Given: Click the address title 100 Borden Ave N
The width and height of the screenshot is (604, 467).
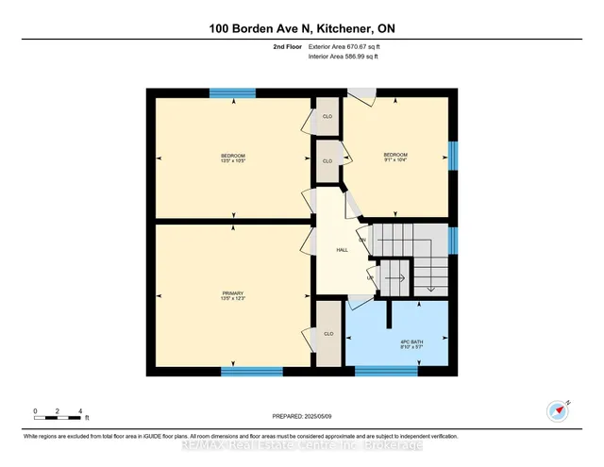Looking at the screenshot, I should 301,29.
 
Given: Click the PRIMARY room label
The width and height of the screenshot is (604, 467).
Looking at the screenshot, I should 232,294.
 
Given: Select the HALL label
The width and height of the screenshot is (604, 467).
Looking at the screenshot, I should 343,250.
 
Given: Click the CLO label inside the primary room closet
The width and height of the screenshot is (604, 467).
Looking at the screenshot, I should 328,334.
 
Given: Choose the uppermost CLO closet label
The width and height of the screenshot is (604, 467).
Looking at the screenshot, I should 327,116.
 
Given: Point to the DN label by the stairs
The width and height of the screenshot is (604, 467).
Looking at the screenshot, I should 361,240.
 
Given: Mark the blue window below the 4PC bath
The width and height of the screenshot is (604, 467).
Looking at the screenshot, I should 386,370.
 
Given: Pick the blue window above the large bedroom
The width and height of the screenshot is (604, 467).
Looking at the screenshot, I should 232,92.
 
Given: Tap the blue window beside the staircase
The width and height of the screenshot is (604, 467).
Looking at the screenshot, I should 453,242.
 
